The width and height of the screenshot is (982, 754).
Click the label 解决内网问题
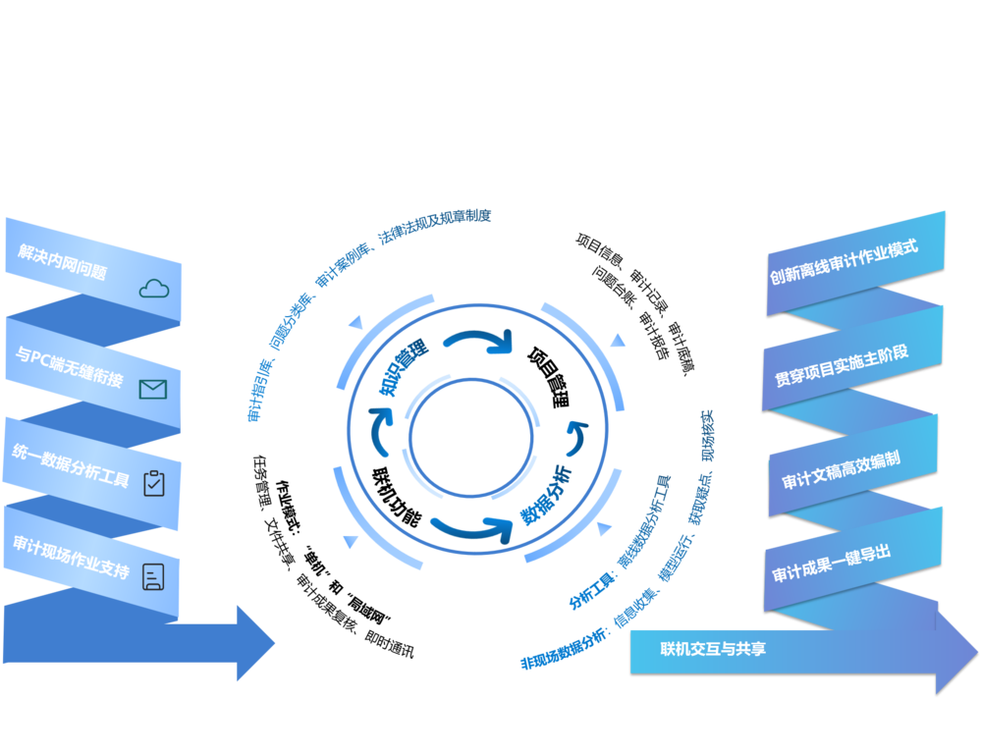point(62,261)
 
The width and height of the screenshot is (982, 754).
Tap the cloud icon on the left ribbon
point(154,288)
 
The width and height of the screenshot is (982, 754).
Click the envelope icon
point(152,390)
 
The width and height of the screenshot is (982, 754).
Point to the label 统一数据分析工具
point(71,465)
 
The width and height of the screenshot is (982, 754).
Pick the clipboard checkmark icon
point(154,483)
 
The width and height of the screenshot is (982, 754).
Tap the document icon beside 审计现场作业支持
point(153,576)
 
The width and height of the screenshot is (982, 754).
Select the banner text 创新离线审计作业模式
point(845,260)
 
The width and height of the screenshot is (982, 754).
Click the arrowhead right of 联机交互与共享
point(956,652)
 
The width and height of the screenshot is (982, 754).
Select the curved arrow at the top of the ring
point(478,342)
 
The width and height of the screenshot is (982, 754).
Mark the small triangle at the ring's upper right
point(618,341)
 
